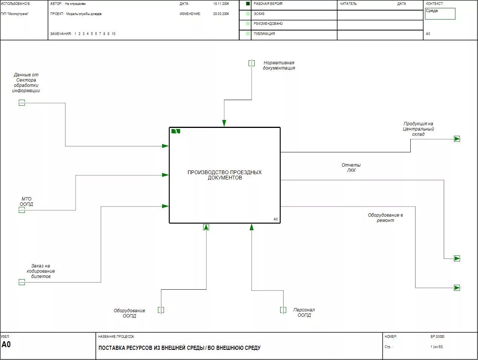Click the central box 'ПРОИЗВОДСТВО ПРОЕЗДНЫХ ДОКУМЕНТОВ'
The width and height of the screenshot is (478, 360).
[x=225, y=175]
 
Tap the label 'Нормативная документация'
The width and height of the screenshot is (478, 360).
[x=279, y=65]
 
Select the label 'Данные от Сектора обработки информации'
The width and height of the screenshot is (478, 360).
[x=26, y=83]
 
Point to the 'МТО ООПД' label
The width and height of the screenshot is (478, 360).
[x=26, y=202]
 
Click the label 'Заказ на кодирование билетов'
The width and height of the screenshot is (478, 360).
[x=41, y=271]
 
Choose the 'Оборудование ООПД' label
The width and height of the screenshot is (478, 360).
[x=129, y=313]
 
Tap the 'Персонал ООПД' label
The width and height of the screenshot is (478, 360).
[x=304, y=313]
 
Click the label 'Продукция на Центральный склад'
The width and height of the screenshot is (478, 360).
[x=418, y=129]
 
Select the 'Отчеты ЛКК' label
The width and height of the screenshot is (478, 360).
[x=351, y=168]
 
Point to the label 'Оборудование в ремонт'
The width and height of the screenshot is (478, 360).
[x=385, y=218]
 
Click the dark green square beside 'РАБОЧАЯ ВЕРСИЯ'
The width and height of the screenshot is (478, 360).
[x=248, y=4]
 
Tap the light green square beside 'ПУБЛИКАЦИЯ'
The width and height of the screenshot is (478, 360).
[x=248, y=33]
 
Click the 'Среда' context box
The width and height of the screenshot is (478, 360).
[x=440, y=14]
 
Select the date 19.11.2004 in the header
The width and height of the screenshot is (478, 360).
[x=221, y=4]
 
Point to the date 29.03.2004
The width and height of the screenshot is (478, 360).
[x=221, y=14]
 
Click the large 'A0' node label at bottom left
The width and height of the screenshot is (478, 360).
[x=6, y=345]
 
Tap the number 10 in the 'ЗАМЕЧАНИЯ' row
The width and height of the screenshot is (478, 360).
[x=113, y=34]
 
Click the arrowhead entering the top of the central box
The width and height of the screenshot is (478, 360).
[x=224, y=123]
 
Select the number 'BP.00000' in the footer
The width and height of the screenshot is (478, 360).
[x=437, y=337]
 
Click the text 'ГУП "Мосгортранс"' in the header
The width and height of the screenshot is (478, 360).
[x=15, y=14]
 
